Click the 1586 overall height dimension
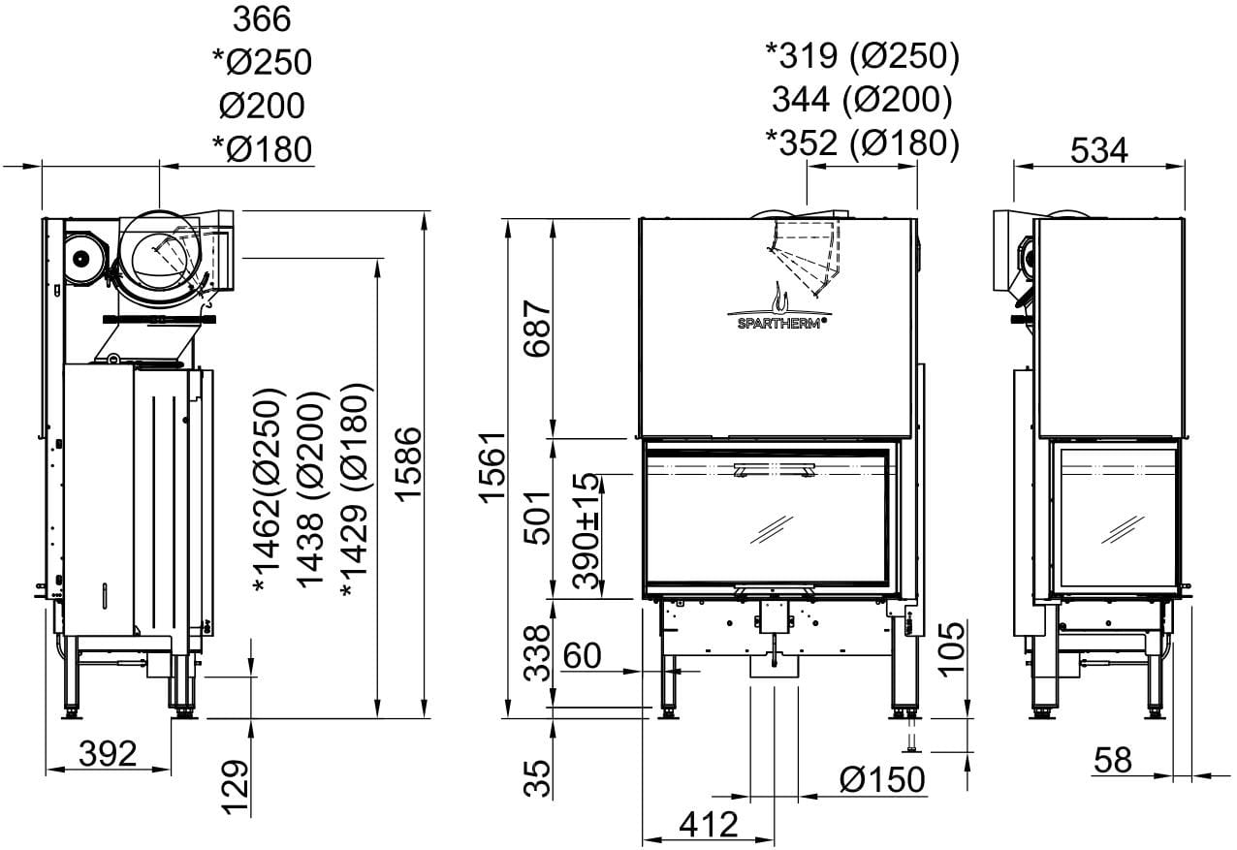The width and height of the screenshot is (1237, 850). tap(409, 464)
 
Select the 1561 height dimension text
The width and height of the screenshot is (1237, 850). tap(492, 468)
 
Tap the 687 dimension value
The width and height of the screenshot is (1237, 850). tap(537, 329)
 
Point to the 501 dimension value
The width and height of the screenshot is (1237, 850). tap(537, 518)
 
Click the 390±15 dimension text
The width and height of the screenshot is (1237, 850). tap(586, 531)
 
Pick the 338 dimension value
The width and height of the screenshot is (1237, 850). tap(537, 653)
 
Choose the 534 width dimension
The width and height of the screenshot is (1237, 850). tap(1098, 150)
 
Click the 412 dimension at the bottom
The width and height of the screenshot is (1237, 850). tap(709, 825)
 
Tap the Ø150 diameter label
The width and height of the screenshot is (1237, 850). tap(882, 779)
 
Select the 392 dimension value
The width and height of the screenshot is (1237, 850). tap(108, 753)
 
